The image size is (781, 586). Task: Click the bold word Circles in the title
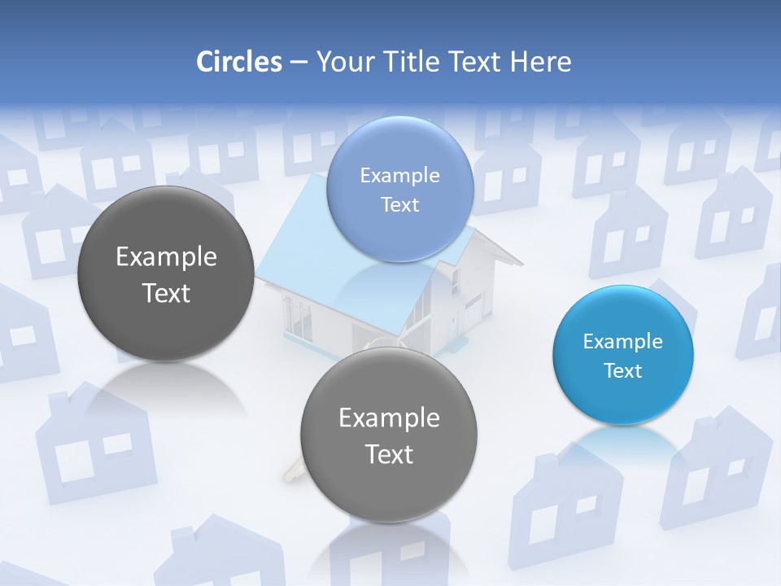point(238,62)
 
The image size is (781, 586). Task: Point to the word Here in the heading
point(542,62)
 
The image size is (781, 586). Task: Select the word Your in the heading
point(344,62)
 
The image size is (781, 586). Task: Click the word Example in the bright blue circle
point(623,342)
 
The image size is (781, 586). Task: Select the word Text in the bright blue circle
point(623,371)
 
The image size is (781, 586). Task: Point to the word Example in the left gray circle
point(166,257)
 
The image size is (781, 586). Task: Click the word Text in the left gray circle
point(166,293)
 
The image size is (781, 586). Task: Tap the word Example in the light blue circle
point(399,176)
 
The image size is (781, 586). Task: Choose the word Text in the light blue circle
point(399,205)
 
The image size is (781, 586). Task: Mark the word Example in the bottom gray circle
point(389,418)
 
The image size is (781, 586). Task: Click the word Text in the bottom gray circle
point(389,454)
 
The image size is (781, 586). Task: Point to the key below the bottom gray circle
point(294,473)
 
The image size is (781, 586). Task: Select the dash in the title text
point(299,63)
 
